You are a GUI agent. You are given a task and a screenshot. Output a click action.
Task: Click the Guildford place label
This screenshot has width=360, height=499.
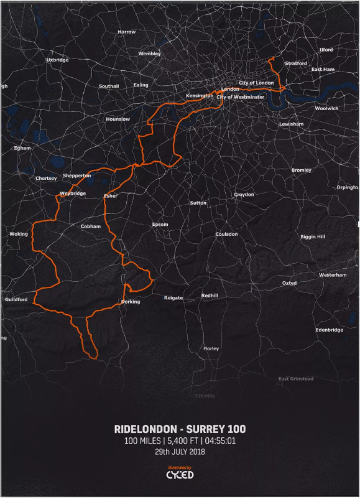16,299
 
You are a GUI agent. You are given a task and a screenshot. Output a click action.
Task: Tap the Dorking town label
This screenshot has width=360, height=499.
129,302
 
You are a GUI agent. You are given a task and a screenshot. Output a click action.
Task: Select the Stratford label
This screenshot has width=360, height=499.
295,63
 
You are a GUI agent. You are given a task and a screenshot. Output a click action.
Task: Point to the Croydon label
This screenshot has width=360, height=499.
244,195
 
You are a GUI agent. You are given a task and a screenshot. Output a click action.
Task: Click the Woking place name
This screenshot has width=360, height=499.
19,234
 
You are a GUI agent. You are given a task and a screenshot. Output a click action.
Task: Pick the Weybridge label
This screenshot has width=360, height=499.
73,194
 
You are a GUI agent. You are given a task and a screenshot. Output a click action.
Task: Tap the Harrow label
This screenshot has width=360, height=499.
126,32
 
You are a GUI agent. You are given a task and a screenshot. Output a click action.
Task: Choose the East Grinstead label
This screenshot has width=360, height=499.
296,379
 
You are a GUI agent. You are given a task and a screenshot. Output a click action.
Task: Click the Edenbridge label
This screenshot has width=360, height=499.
329,330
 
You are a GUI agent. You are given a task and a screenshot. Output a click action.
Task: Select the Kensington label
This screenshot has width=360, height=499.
200,96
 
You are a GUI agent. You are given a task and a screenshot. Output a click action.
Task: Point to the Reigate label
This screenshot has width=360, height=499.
173,298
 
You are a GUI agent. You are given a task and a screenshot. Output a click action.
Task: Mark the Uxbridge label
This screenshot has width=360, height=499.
57,60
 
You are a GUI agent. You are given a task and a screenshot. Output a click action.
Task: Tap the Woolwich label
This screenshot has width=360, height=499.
326,108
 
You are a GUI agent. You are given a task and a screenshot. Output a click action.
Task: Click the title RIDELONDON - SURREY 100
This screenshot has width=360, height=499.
180,429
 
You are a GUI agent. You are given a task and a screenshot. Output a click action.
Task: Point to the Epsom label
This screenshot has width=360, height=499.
160,225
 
